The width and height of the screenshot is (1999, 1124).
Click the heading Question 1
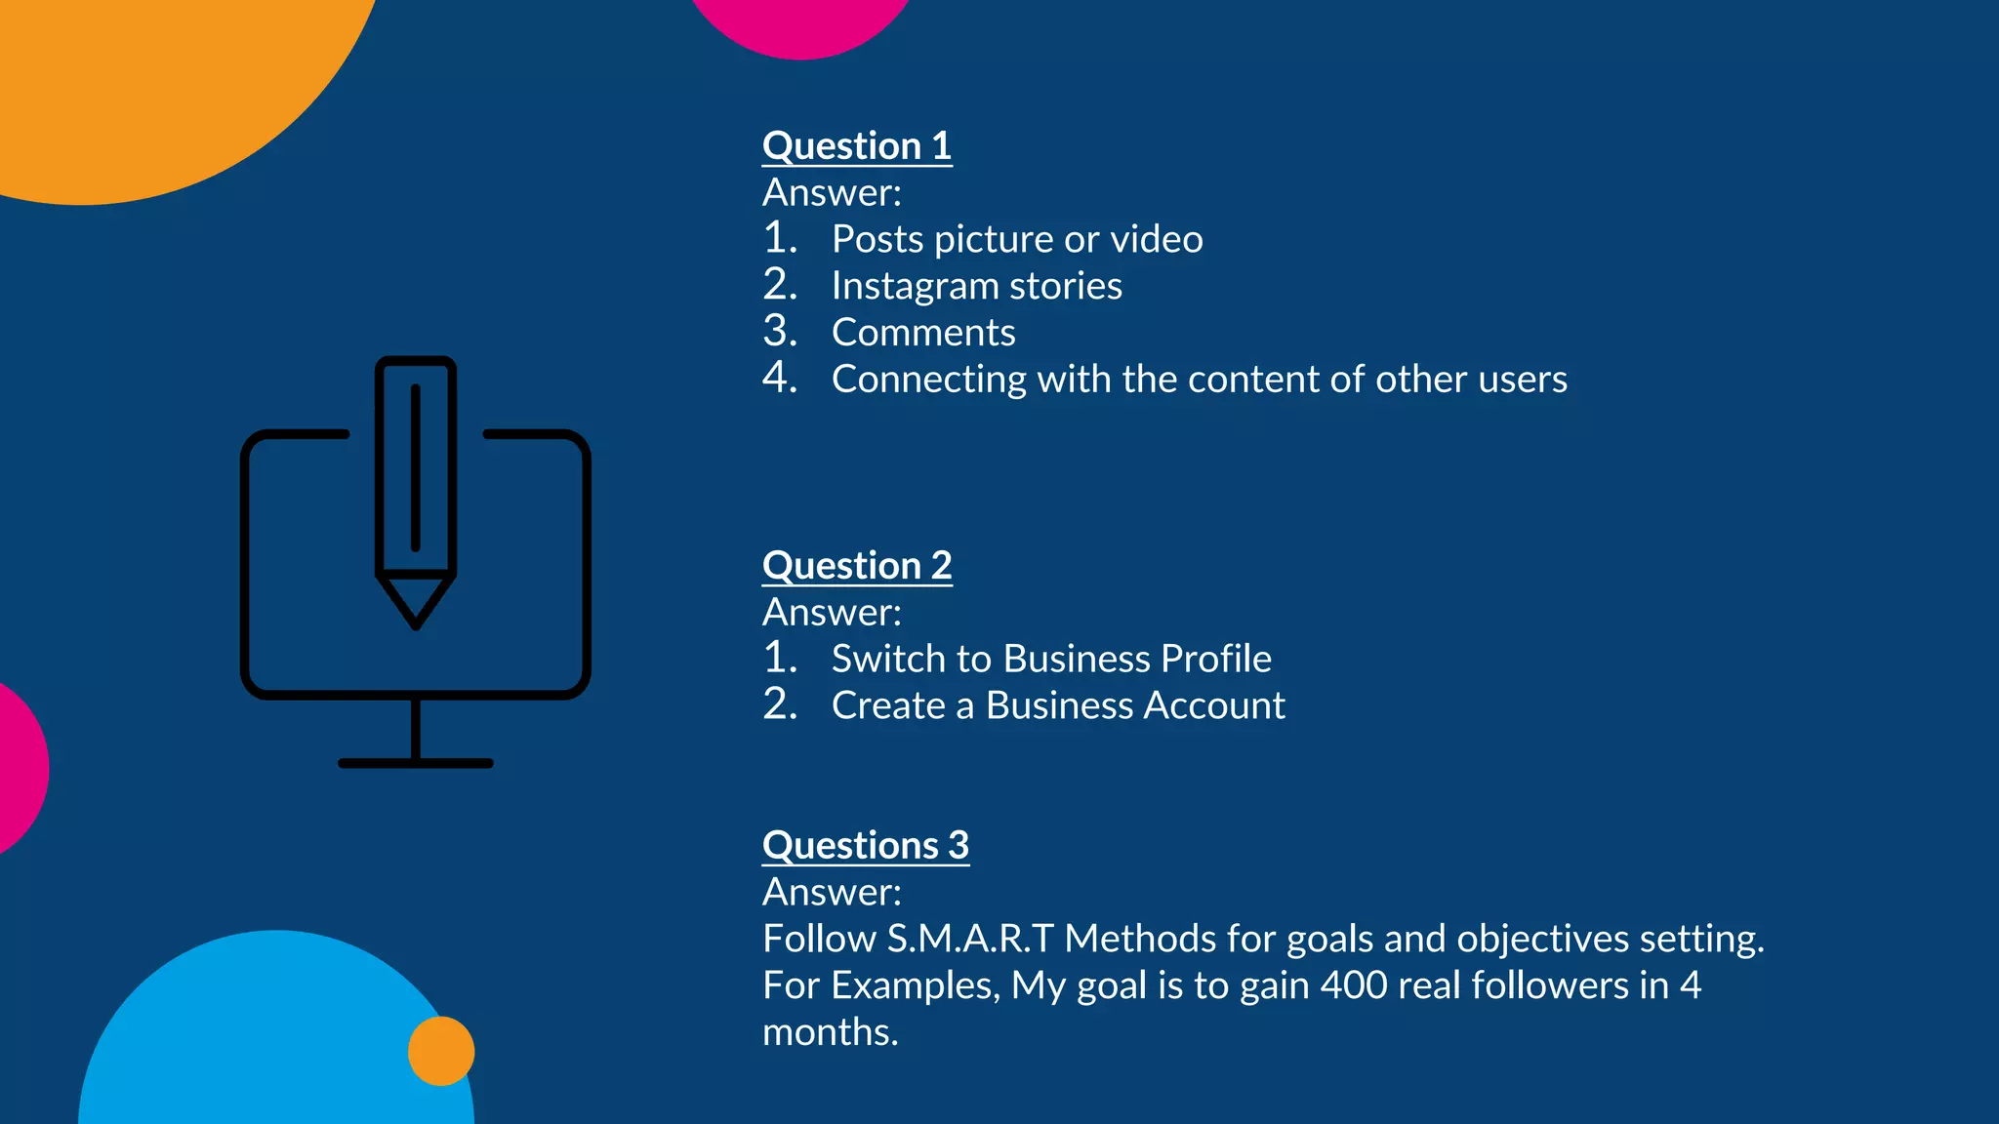(x=857, y=146)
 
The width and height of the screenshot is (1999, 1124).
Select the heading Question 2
(x=857, y=566)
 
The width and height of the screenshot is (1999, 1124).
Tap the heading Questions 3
(x=866, y=845)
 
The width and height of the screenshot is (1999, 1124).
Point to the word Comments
(x=923, y=333)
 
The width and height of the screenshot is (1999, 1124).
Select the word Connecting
(x=928, y=380)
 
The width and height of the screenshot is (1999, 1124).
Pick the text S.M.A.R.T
(x=970, y=939)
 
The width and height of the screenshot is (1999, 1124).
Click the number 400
(x=1354, y=985)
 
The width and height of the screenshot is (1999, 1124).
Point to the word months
(x=830, y=1032)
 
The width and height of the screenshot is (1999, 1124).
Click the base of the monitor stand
(x=416, y=763)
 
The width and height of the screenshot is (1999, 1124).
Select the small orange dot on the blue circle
(x=441, y=1051)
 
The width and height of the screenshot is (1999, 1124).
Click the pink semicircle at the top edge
(x=800, y=24)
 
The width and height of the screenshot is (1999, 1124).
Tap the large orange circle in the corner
(x=146, y=78)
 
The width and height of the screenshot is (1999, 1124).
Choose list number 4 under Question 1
(x=780, y=379)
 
